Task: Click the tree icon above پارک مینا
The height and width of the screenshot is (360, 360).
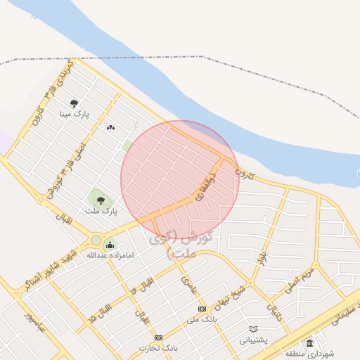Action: (x=74, y=103)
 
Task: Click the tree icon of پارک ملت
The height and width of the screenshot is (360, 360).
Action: (x=101, y=200)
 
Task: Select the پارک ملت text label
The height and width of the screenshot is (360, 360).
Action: (x=101, y=211)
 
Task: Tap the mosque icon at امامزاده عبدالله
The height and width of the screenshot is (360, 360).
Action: (x=110, y=245)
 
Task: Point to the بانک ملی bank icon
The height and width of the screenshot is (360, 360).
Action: (x=202, y=309)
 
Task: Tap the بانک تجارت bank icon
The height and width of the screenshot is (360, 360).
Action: (x=158, y=337)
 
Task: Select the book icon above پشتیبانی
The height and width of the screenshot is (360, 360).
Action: (x=254, y=328)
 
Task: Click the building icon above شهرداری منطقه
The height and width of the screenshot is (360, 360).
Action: (x=310, y=342)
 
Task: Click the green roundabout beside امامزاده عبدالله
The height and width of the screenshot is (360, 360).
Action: (x=96, y=240)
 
